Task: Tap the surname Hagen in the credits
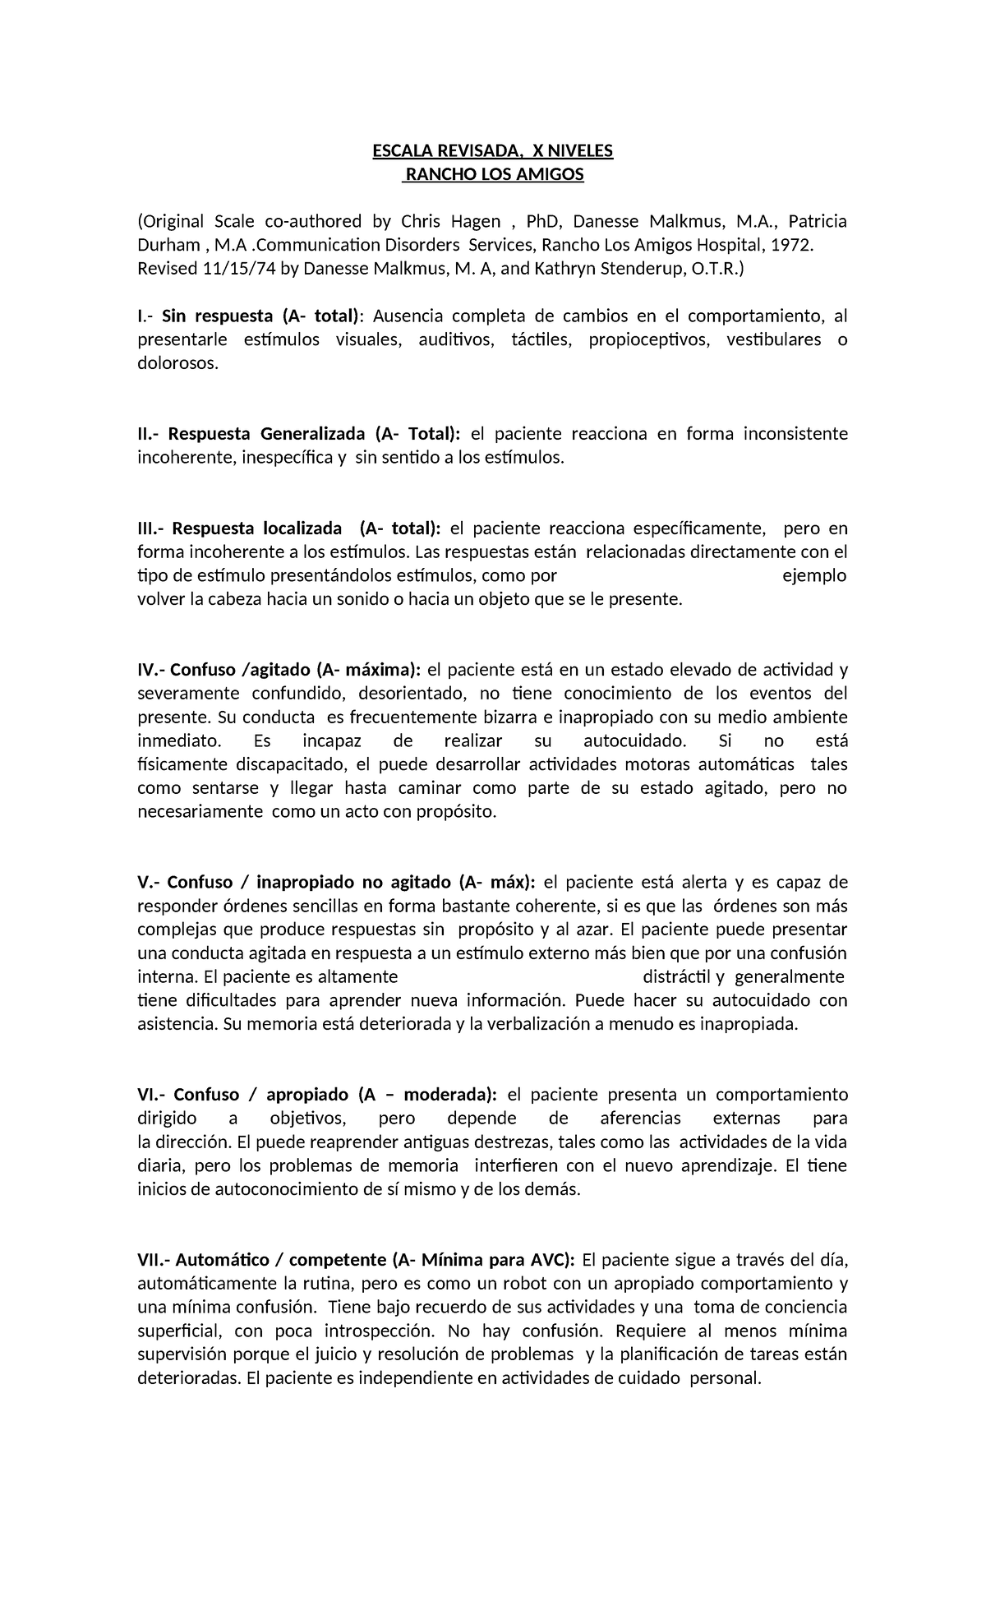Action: [x=476, y=221]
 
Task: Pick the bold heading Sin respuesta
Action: [x=217, y=316]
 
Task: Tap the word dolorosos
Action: [x=178, y=363]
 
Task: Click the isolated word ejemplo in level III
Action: [x=814, y=575]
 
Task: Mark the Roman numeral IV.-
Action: [x=151, y=670]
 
